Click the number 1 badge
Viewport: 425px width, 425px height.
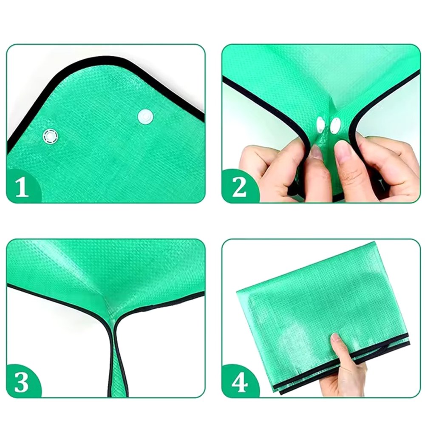point(22,187)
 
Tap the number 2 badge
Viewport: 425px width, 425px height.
point(239,187)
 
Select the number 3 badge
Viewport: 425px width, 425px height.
point(22,382)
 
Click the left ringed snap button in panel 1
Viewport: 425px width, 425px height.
point(50,136)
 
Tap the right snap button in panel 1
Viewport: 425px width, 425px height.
point(145,116)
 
